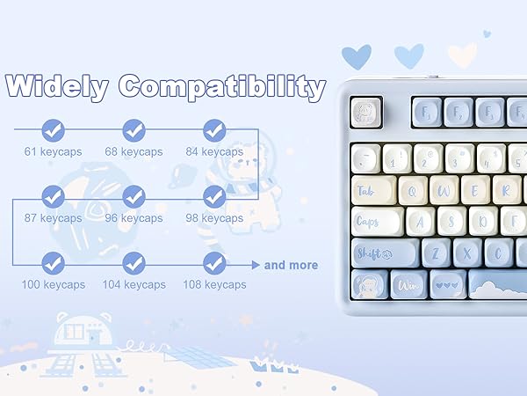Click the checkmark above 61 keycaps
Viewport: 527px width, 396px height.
53,130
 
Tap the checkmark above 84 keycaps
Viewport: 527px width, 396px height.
214,130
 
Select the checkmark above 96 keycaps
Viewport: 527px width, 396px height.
134,196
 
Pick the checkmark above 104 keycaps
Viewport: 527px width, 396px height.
134,262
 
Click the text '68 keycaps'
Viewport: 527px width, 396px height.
134,152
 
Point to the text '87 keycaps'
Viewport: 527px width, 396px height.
53,218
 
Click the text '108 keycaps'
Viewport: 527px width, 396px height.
214,285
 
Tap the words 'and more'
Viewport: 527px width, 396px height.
291,265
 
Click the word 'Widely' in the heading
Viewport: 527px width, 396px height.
56,87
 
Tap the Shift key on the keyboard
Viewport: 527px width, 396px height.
385,253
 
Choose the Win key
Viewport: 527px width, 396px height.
409,284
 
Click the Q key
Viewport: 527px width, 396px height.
416,189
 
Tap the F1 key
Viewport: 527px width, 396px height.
428,112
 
